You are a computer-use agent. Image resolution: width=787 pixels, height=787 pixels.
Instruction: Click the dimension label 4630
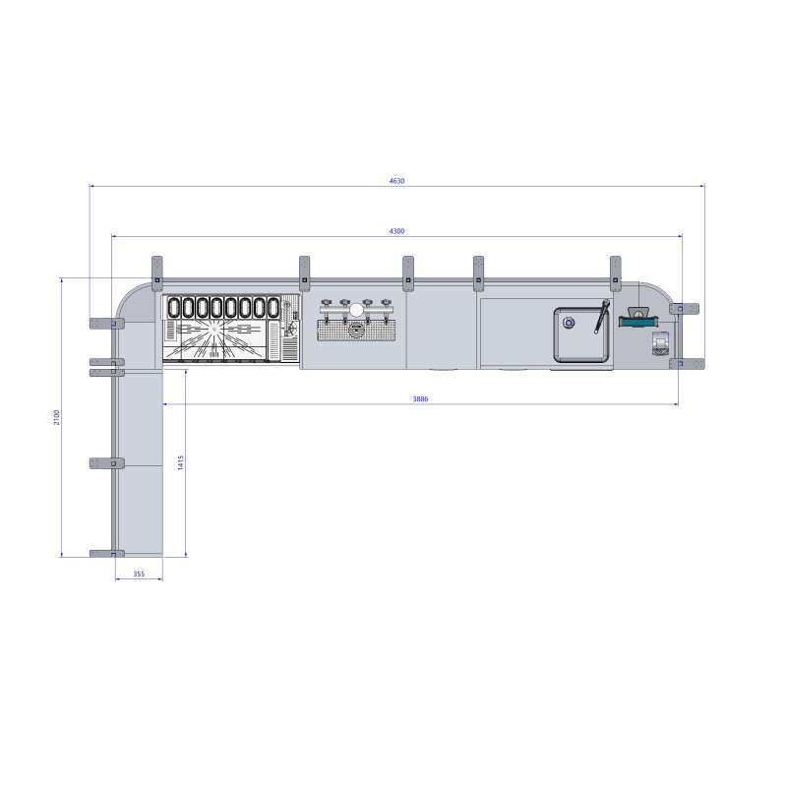coord(396,181)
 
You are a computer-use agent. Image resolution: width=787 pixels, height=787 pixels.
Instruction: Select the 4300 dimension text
coord(396,231)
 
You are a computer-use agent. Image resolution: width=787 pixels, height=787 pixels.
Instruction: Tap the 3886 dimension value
coord(420,399)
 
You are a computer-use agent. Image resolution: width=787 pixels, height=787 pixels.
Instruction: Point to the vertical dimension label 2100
coord(57,417)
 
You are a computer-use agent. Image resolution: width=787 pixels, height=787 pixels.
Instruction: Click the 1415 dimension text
coord(181,462)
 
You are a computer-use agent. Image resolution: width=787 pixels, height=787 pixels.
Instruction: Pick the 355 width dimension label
coord(139,574)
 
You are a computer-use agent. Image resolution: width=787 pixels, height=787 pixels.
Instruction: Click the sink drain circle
coord(569,323)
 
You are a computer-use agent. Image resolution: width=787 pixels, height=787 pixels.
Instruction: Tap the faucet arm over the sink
coord(601,316)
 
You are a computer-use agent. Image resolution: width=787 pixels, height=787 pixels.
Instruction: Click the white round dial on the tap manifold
coord(356,310)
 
